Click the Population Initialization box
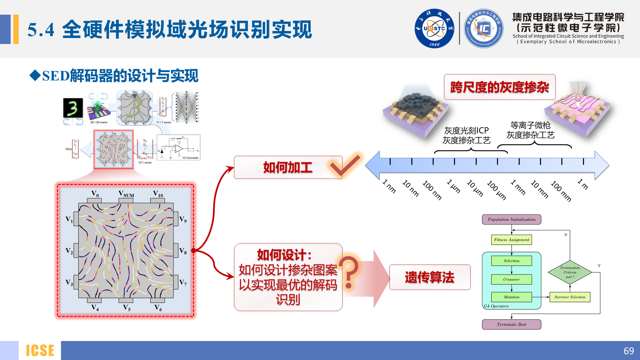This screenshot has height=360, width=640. click(511, 219)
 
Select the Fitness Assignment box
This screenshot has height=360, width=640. click(511, 240)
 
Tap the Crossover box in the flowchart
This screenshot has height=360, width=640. click(511, 279)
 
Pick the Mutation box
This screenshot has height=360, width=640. click(511, 297)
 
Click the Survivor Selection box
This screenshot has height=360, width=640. click(570, 297)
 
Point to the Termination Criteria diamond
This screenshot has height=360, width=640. click(570, 272)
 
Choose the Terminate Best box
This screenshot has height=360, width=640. click(511, 324)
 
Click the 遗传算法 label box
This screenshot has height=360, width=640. click(430, 277)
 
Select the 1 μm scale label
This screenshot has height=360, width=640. click(454, 186)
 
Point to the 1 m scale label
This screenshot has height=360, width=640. click(583, 184)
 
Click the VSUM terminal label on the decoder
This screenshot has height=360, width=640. click(126, 194)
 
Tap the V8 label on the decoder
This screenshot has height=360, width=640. click(183, 251)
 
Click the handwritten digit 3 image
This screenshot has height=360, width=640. click(73, 108)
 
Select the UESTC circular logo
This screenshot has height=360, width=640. click(434, 29)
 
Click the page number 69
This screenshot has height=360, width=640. click(628, 351)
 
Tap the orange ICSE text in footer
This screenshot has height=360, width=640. click(40, 351)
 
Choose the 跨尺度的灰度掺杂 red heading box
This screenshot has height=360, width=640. click(499, 87)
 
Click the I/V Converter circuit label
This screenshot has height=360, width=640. click(190, 158)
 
